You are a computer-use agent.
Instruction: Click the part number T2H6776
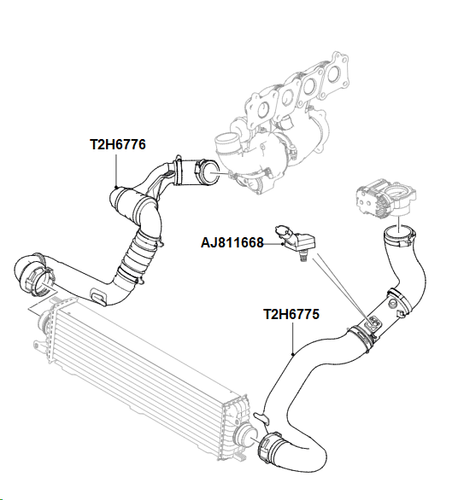(x=118, y=144)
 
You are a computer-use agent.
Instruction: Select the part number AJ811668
(x=232, y=242)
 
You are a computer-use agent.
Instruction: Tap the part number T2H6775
(x=291, y=314)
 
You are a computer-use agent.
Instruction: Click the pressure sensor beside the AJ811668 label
(x=296, y=242)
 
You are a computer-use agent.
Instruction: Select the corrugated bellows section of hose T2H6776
(x=139, y=254)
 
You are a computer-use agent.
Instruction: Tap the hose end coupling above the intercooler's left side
(x=34, y=275)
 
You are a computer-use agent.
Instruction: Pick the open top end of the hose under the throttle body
(x=398, y=235)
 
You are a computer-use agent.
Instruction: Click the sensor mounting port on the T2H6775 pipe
(x=373, y=323)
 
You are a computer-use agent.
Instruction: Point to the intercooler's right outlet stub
(x=246, y=433)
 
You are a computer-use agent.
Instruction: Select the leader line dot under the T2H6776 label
(x=116, y=187)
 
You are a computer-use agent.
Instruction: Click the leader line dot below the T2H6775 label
(x=293, y=354)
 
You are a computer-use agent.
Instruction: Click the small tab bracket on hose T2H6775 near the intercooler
(x=261, y=418)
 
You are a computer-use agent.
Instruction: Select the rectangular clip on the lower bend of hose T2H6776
(x=98, y=295)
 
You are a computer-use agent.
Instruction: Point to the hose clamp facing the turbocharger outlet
(x=207, y=173)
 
